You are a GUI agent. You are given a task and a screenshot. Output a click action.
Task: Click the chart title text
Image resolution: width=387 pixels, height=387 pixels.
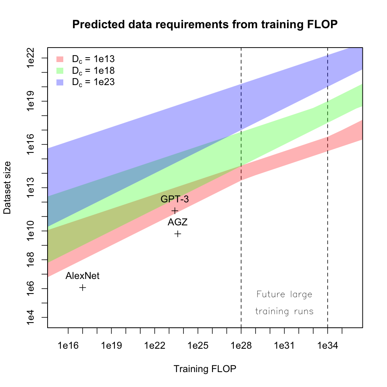[x=205, y=25]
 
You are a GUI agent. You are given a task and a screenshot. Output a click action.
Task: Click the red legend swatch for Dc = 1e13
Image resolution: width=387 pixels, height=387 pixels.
[x=60, y=59]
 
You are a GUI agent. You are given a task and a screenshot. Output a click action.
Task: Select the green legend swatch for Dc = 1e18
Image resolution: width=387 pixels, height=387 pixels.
[x=60, y=71]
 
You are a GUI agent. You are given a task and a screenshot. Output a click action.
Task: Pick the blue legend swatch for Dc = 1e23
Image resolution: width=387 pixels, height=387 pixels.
[x=60, y=82]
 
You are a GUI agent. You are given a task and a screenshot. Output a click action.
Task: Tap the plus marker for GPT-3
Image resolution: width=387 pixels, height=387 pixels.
[x=175, y=210]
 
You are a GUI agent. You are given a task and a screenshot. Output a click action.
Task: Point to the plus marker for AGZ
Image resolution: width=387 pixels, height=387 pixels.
[x=178, y=234]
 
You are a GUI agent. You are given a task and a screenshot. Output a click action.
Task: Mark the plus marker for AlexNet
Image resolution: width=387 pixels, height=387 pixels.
[x=83, y=287]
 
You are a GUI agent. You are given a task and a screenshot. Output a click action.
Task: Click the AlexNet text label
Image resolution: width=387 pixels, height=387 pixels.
[x=82, y=276]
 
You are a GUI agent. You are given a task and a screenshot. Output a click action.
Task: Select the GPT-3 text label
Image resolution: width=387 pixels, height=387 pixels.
[x=175, y=199]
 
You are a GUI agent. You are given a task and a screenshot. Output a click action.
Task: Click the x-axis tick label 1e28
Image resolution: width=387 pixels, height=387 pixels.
[x=241, y=345]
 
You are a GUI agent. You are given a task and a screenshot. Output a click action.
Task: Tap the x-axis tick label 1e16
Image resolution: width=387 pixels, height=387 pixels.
[x=68, y=345]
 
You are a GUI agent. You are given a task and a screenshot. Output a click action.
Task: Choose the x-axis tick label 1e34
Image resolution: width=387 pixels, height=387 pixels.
[x=327, y=345]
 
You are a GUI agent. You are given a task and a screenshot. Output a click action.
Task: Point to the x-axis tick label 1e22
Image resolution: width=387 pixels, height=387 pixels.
[x=154, y=345]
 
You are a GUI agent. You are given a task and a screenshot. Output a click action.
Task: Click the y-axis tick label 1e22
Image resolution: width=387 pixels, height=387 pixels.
[x=31, y=58]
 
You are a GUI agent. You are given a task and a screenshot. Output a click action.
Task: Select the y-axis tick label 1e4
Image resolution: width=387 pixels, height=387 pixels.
[x=31, y=317]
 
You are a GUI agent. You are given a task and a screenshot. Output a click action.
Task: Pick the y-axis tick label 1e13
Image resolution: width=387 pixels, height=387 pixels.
[x=31, y=188]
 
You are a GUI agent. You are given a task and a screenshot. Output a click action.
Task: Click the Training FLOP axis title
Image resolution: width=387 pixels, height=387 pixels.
[x=205, y=369]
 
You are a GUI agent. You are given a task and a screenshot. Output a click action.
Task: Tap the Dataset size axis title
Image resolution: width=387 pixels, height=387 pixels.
[x=7, y=188]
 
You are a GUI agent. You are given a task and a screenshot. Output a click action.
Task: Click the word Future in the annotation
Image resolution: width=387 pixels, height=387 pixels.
[x=270, y=294]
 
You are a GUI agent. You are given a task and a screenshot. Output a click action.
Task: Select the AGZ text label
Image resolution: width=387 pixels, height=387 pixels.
[x=178, y=222]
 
